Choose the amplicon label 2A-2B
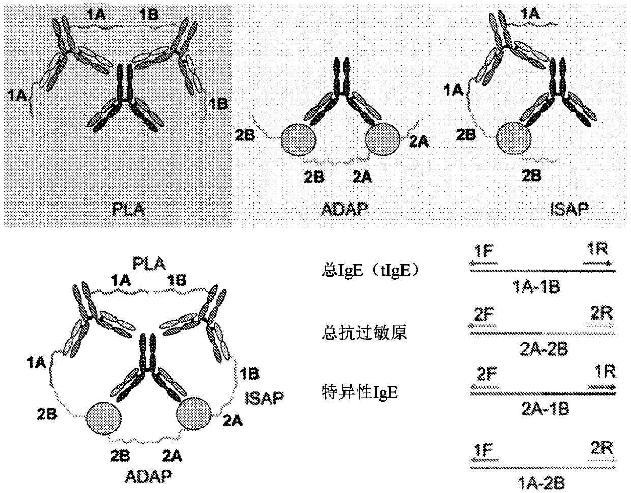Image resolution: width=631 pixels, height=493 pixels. click(542, 349)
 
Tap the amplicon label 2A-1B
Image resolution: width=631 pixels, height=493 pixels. click(542, 408)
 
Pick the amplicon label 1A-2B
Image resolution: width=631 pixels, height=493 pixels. click(542, 481)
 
